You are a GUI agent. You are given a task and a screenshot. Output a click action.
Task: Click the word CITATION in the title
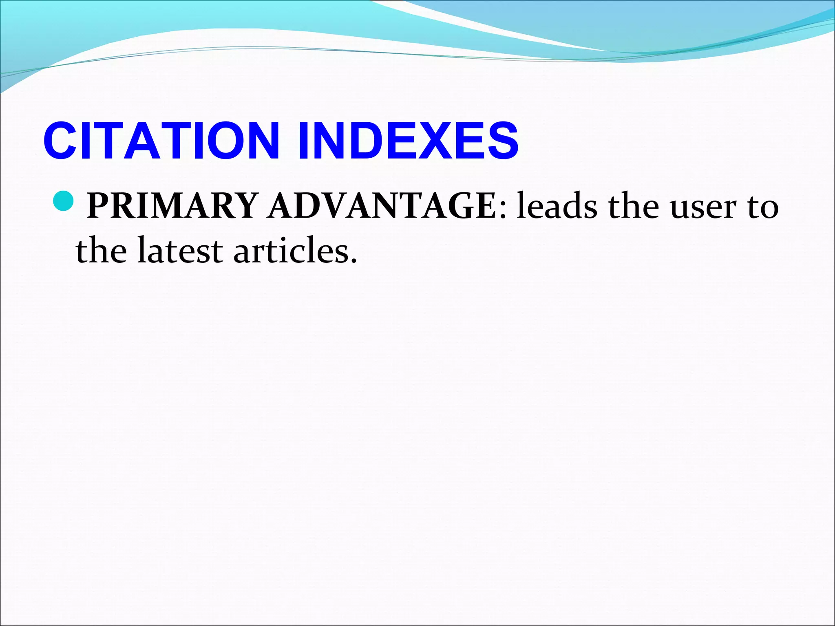coord(161,141)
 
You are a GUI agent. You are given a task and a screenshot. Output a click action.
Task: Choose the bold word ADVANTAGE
coord(382,206)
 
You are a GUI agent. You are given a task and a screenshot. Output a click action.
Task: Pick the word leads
coord(557,206)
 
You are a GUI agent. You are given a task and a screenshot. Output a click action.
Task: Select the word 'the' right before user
coord(633,206)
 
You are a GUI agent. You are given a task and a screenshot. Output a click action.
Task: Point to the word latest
coord(180,250)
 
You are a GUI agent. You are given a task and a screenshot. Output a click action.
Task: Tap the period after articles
coord(353,260)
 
